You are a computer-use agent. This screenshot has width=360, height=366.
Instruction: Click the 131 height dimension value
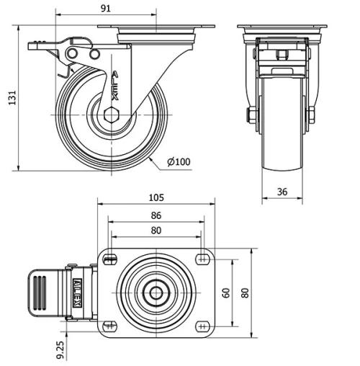click(x=10, y=100)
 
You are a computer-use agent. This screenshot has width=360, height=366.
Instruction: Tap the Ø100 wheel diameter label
click(x=179, y=162)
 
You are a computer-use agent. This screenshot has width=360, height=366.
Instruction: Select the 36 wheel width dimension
click(x=283, y=192)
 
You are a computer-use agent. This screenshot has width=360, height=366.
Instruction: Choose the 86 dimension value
click(x=156, y=215)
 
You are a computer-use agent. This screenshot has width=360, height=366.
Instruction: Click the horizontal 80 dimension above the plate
click(x=156, y=231)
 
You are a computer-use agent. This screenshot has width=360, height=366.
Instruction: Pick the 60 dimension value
click(x=225, y=293)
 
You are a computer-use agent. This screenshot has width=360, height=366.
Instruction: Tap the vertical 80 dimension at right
click(x=244, y=293)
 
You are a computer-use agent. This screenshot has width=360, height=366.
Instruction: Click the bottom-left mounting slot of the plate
click(x=109, y=326)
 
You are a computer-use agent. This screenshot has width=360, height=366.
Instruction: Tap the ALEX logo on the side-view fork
click(x=115, y=86)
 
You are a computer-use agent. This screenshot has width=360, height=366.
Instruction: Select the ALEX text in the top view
click(x=75, y=293)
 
